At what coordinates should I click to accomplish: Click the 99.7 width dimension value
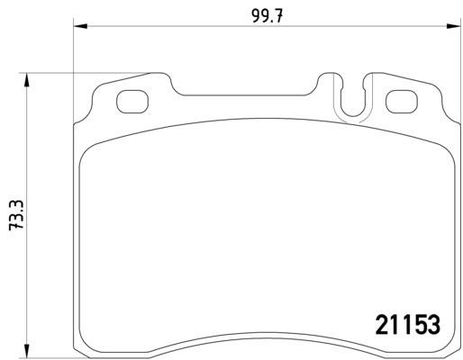[x=268, y=16]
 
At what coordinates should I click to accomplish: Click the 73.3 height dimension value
[x=16, y=215]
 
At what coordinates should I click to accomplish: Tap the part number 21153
[x=408, y=325]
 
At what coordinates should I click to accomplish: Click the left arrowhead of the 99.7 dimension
[x=80, y=26]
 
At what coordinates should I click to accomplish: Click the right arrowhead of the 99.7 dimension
[x=453, y=26]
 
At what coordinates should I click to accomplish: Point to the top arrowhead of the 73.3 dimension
[x=27, y=79]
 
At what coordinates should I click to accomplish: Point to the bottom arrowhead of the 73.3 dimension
[x=27, y=351]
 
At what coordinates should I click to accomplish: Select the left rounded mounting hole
[x=132, y=102]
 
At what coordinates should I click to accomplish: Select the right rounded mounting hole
[x=402, y=102]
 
